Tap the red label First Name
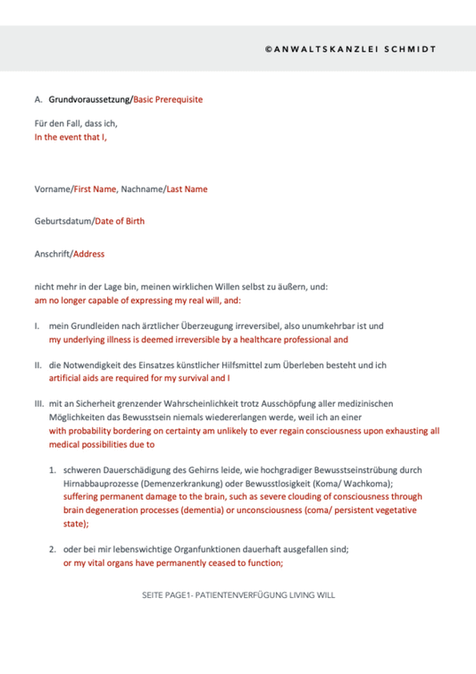click(96, 189)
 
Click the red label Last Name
click(187, 189)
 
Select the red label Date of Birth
click(119, 221)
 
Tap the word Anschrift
click(52, 253)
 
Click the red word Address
click(89, 253)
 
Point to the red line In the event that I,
click(70, 138)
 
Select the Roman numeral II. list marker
click(38, 365)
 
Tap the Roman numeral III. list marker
click(39, 404)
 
